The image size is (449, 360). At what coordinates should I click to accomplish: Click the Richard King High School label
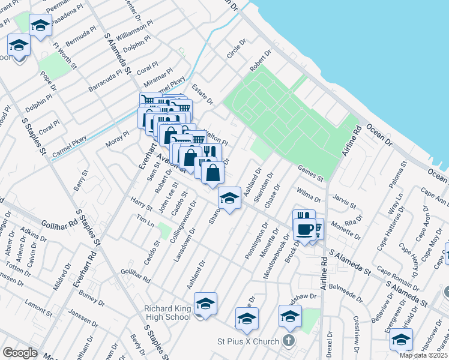(x=167, y=313)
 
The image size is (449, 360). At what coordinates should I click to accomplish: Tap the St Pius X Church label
(x=247, y=341)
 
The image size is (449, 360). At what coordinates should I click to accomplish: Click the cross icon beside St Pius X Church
(x=289, y=341)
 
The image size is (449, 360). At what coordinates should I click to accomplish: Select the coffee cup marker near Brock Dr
(x=304, y=229)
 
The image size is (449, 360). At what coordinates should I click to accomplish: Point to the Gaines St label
(x=310, y=175)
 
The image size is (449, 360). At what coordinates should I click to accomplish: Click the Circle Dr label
(x=237, y=50)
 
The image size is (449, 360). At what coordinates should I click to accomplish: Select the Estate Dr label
(x=202, y=94)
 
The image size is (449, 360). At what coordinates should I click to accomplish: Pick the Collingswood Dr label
(x=184, y=221)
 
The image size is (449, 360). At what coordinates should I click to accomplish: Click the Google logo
(x=20, y=352)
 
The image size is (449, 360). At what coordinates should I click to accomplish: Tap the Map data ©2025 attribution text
(x=423, y=355)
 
